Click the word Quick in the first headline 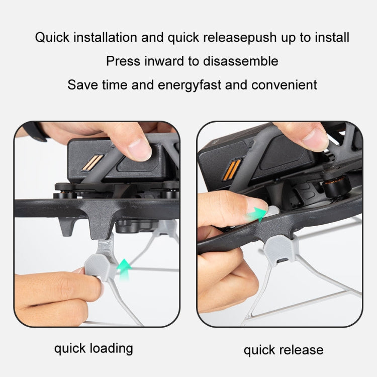coord(52,38)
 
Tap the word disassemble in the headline coord(241,61)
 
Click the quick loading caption coord(93,349)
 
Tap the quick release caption coord(284,350)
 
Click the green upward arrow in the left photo coord(124,269)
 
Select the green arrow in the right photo coord(257,214)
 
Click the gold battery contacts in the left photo coord(92,162)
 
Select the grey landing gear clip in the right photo coord(281,250)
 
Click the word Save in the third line coord(82,85)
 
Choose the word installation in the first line coord(106,38)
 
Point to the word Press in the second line coord(123,61)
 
